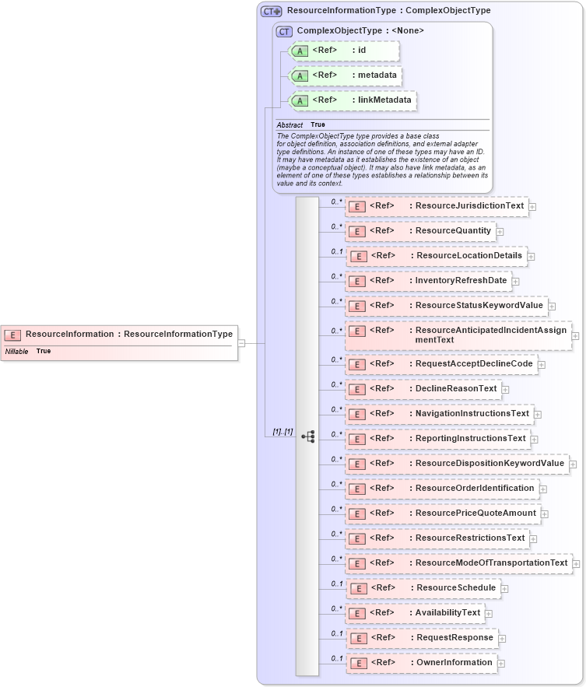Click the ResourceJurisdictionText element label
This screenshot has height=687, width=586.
469,206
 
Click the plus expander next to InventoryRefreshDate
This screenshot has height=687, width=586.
515,282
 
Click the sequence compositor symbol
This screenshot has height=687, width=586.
308,436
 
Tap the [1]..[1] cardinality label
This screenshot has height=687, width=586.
282,432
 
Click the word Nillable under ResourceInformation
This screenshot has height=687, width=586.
16,352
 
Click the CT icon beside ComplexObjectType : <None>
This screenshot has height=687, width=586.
284,32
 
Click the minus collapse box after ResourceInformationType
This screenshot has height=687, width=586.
241,342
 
